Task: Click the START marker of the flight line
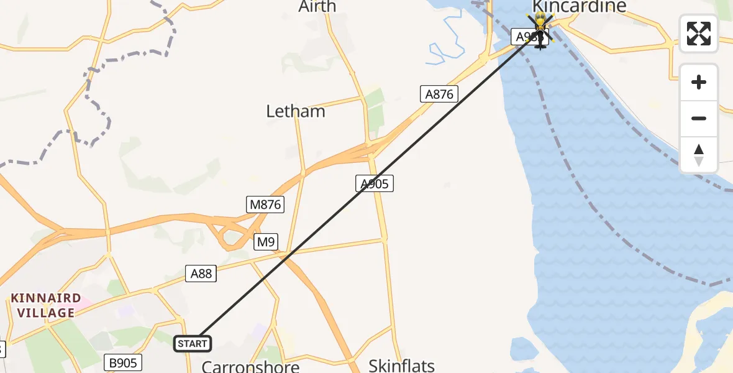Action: click(193, 344)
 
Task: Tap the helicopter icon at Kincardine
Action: click(540, 34)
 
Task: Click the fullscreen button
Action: click(699, 34)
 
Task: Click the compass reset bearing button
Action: click(699, 155)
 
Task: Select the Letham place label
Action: click(296, 111)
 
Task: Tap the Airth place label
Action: click(317, 7)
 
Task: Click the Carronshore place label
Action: click(251, 365)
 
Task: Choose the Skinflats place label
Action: click(402, 365)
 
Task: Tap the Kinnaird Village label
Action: click(46, 305)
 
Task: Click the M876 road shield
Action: click(265, 205)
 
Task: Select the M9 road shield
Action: click(266, 242)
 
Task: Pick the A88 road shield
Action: click(201, 273)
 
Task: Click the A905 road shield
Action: click(375, 183)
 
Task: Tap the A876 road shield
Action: click(439, 94)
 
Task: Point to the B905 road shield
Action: click(123, 362)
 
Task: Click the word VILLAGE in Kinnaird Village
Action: click(46, 313)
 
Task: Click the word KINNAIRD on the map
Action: click(46, 298)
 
